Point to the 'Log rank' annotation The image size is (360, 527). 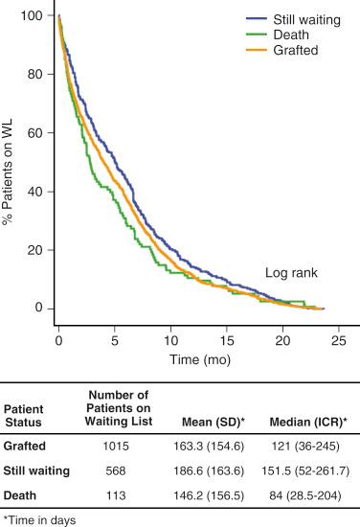pos(291,273)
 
